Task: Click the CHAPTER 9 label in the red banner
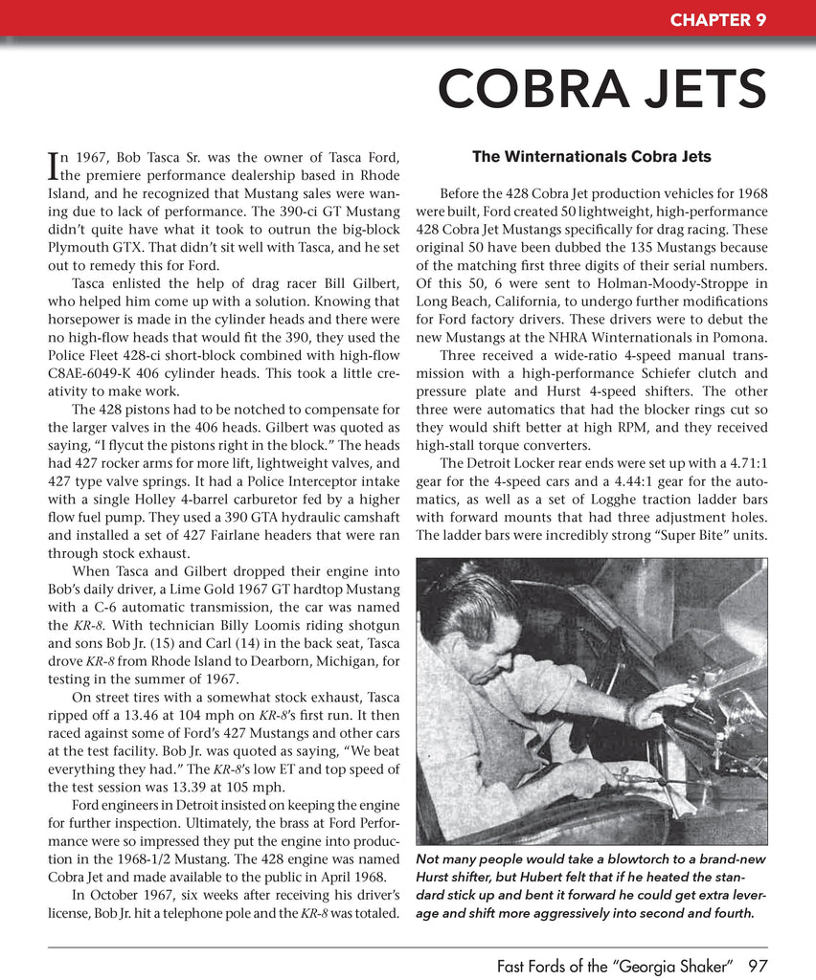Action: click(x=717, y=19)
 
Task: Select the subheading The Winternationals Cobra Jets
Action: click(x=592, y=156)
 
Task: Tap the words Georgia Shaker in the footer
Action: click(x=671, y=966)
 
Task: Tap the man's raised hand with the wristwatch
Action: click(x=661, y=705)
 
